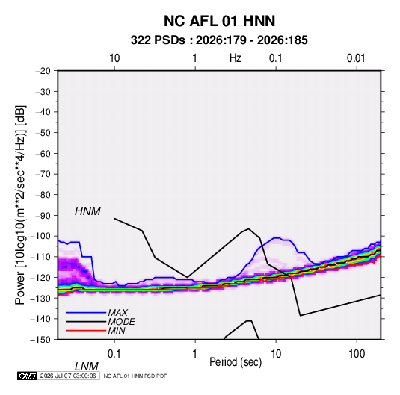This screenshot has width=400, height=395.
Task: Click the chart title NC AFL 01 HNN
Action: click(219, 21)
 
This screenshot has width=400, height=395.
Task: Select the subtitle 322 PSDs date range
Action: click(219, 40)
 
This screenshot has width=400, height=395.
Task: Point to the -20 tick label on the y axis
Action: click(43, 71)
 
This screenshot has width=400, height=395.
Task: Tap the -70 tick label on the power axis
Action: click(43, 174)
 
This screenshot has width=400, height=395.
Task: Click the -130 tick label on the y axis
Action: click(40, 298)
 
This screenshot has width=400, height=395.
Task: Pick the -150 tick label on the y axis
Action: click(40, 340)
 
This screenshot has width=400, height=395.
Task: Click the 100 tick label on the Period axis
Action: click(357, 354)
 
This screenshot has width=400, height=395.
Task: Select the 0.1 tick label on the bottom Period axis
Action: click(114, 354)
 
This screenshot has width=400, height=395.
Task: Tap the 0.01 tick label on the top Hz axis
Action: click(356, 58)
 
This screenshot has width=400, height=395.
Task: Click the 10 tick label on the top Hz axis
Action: click(114, 58)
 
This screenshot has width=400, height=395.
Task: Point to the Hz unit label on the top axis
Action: click(236, 58)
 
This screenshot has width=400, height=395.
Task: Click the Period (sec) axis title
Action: click(236, 362)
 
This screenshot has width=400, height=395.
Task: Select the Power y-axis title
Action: click(20, 205)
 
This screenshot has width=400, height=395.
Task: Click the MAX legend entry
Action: click(117, 313)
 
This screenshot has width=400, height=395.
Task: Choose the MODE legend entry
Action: click(121, 322)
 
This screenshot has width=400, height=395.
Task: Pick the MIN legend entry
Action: click(117, 331)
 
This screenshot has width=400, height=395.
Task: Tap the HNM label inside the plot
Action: click(87, 211)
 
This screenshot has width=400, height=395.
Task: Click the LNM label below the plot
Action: click(86, 367)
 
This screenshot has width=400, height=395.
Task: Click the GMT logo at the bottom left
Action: click(28, 376)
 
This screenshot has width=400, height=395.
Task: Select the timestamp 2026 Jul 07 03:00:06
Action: click(68, 376)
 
